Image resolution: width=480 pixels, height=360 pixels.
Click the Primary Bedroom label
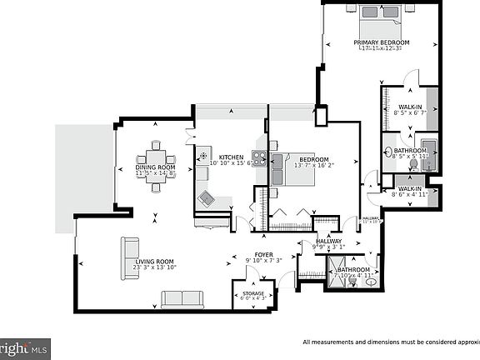coord(382,42)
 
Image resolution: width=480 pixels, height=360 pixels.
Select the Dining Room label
coord(156,167)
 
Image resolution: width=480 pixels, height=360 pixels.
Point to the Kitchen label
coord(231,157)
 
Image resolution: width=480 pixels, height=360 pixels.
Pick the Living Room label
coord(153,261)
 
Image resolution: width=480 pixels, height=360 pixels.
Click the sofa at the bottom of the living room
coord(182,299)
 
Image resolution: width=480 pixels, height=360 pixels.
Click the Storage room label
coord(253,293)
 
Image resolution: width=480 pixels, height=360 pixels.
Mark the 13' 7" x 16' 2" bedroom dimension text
coord(313,166)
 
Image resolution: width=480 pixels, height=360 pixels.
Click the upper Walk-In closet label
coord(409,107)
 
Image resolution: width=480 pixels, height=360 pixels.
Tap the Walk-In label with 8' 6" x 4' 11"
coord(409,194)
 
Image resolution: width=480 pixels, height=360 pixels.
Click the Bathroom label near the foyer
coord(353,269)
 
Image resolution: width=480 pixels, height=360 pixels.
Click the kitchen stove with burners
coord(259,157)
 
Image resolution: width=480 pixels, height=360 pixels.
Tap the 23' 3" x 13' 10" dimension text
coord(153,267)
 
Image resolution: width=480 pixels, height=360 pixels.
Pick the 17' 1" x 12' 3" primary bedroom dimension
coord(382,48)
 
